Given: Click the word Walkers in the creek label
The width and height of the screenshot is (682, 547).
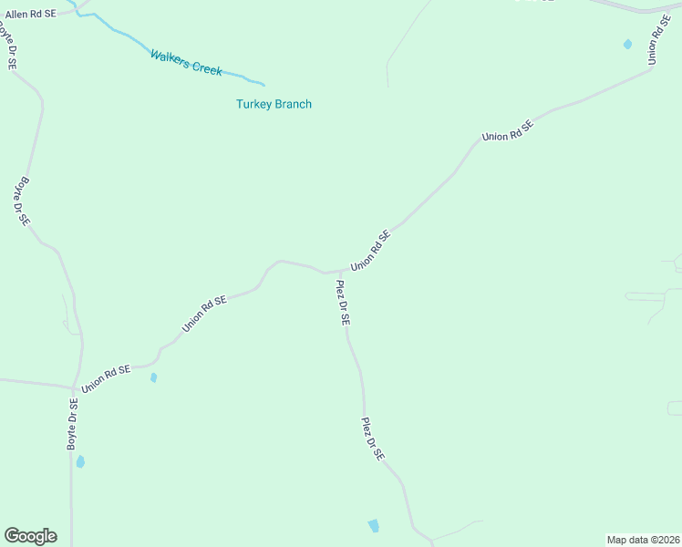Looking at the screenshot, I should tap(170, 58).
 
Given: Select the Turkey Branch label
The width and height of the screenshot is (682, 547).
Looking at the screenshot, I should tap(274, 104).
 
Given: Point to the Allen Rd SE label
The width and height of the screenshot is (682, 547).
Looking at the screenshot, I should tap(31, 15).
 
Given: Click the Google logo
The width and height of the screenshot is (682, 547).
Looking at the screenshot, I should tap(30, 536).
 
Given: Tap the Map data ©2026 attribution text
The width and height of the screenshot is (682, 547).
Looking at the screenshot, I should tap(643, 539).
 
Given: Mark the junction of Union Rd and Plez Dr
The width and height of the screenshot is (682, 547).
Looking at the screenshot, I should tap(340, 271).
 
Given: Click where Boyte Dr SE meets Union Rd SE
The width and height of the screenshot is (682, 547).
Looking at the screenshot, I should tap(75, 387).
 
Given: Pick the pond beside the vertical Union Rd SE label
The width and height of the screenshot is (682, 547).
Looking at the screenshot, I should tap(627, 44).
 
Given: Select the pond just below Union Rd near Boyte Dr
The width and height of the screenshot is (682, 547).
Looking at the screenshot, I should tap(153, 377).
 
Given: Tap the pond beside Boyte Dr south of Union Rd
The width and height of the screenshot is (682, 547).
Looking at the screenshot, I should tap(80, 461).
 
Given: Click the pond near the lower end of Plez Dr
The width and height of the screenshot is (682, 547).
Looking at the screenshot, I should tap(373, 525).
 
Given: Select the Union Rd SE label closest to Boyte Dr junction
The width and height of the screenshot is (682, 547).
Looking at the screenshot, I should tap(106, 378).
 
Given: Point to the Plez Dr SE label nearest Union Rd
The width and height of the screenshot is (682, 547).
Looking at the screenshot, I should tap(343, 303).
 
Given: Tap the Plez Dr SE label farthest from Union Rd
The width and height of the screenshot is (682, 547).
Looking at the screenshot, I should tap(372, 439).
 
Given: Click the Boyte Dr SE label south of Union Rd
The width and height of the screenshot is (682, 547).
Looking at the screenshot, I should tap(72, 424).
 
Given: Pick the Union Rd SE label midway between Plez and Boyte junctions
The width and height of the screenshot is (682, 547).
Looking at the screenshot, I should tap(203, 314).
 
